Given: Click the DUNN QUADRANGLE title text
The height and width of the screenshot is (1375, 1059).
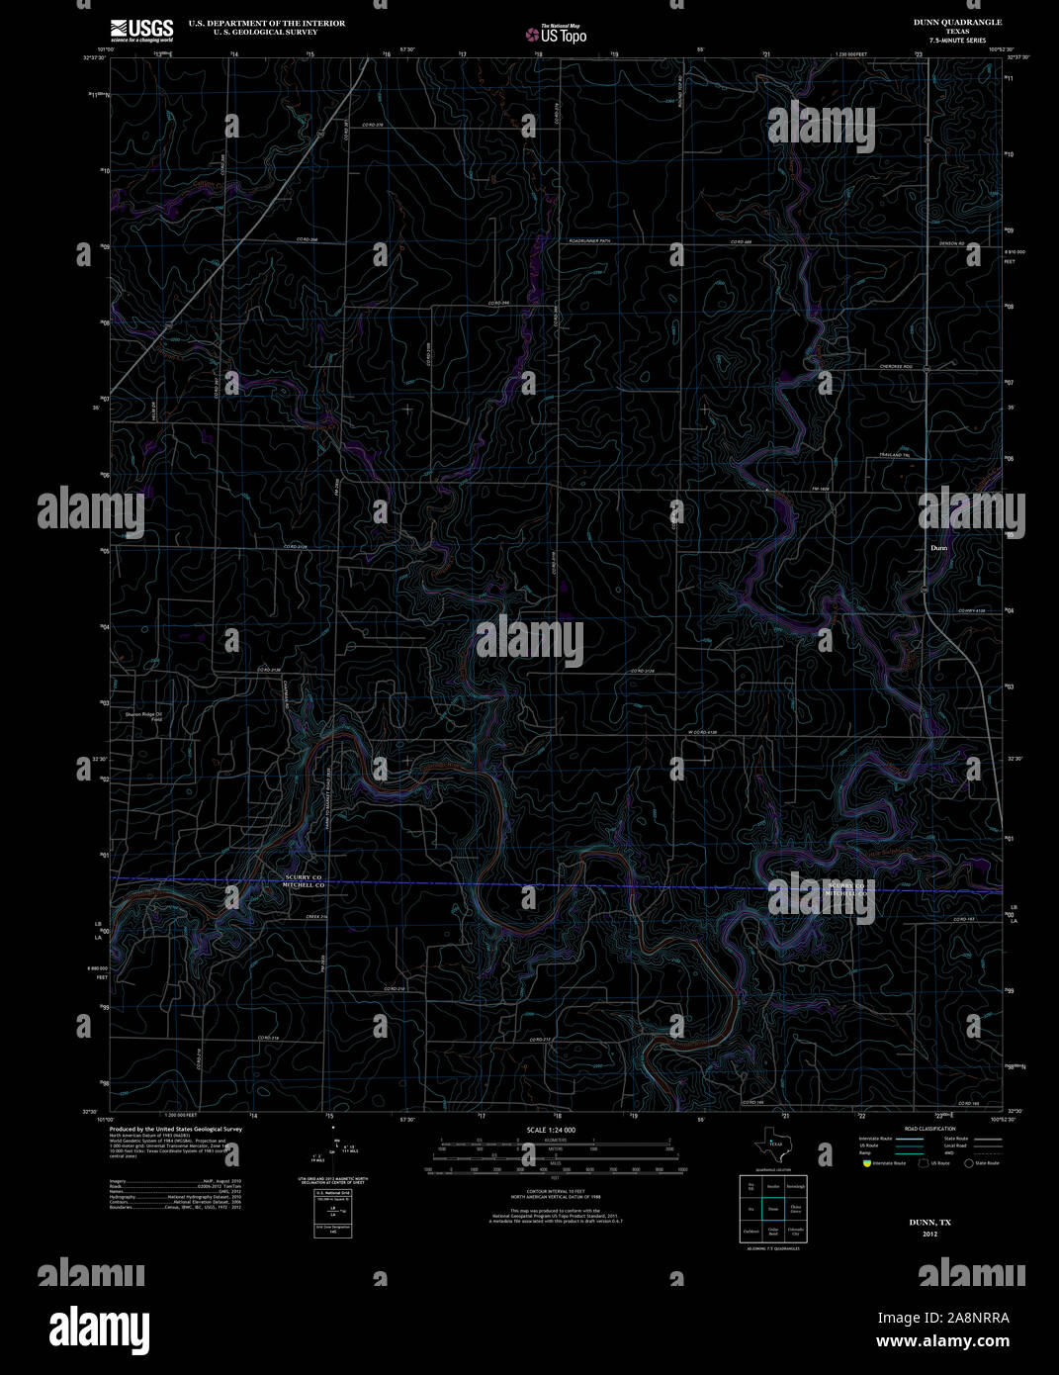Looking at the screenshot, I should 956,22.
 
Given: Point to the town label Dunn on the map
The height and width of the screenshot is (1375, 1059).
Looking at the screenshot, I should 939,547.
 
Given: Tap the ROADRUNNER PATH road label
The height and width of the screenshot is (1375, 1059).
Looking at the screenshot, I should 590,241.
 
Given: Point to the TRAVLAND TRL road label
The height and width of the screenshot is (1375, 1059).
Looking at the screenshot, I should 893,454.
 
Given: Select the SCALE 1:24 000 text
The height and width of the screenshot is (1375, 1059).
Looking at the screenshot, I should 551,1130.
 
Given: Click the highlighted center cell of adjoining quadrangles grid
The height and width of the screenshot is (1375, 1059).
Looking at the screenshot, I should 773,1209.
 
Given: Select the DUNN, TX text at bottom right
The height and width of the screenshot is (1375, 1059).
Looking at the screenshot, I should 929,1223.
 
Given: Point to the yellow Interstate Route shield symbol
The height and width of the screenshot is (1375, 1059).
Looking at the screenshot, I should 865,1163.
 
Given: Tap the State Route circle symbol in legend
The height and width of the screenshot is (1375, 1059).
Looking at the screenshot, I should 969,1163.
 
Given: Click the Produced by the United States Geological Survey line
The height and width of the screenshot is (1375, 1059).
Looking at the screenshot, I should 176,1129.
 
